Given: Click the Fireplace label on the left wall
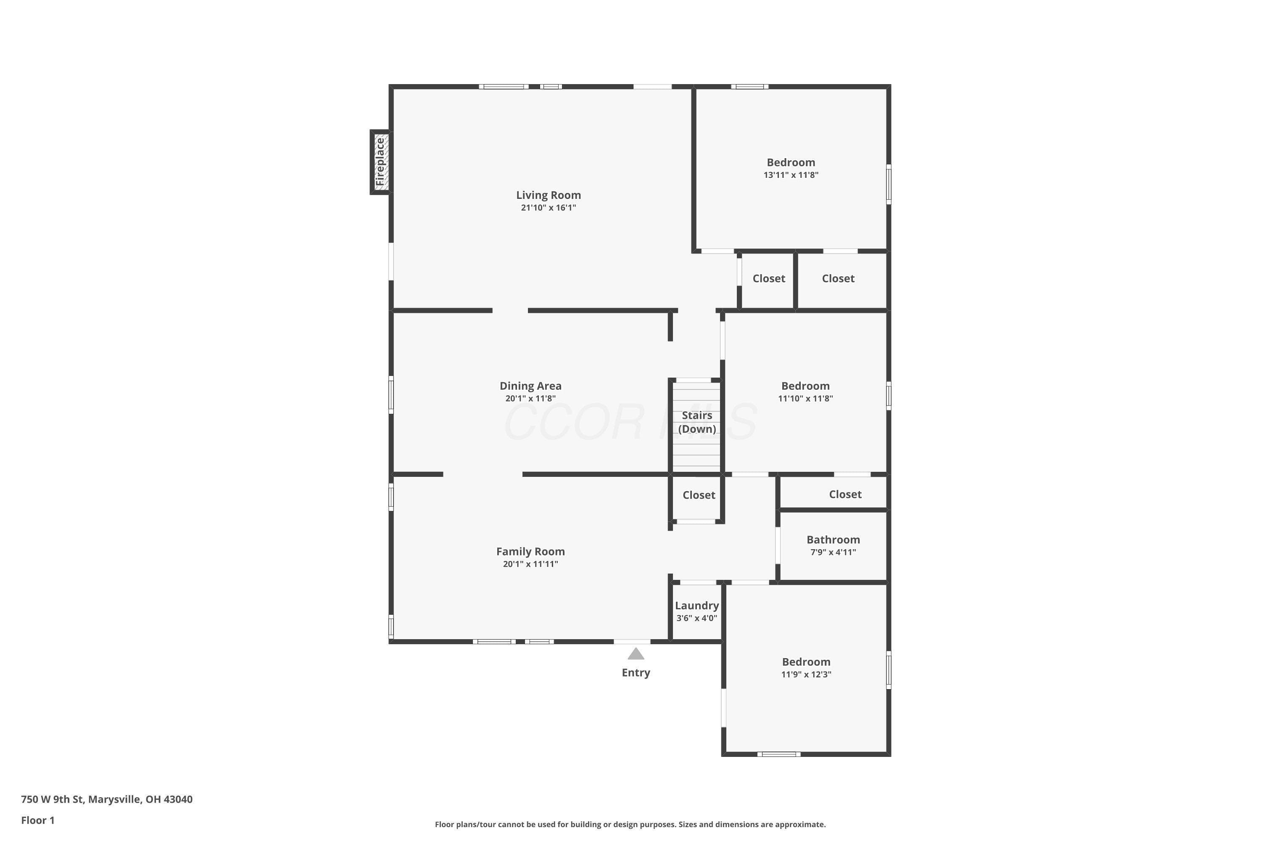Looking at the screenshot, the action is [x=380, y=162].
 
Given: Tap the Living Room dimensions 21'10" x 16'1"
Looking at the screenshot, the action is [x=549, y=208].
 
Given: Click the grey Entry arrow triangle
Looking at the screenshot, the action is [x=636, y=653].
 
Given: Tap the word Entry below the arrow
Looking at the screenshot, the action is [x=636, y=672].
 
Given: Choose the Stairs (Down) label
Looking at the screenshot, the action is [x=697, y=422].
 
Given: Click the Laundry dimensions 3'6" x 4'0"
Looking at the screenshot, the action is [x=697, y=618].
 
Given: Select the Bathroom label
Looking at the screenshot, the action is [x=833, y=540].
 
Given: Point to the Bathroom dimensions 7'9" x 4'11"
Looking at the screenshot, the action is [x=833, y=552].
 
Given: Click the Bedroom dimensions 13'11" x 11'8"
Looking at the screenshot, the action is [x=791, y=175].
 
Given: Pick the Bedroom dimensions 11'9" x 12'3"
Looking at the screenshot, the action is [x=806, y=674].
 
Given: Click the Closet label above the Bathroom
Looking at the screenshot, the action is [x=845, y=494].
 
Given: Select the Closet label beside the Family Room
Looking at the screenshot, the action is [x=699, y=495].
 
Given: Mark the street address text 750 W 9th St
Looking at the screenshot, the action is [x=53, y=799].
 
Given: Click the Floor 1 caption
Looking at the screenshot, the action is [x=37, y=820].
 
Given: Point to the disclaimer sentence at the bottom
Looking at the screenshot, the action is [x=630, y=824].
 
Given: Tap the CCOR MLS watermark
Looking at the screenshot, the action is [x=630, y=422].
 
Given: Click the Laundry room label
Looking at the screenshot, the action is [x=697, y=606].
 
